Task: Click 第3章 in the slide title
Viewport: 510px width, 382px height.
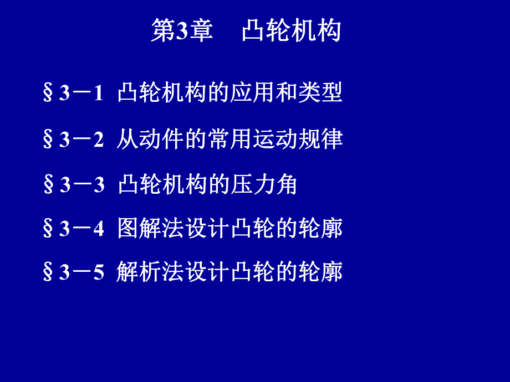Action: [182, 32]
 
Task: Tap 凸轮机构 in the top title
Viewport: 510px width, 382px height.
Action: [292, 32]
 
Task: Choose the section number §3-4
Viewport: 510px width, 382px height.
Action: [73, 229]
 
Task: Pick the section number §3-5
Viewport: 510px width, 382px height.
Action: [73, 273]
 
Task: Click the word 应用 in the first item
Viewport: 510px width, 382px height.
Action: [252, 94]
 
